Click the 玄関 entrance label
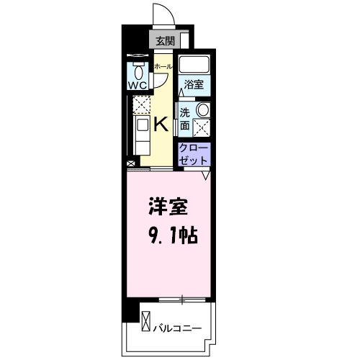point(164,41)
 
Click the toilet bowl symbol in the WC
point(138,71)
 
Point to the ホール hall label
point(163,67)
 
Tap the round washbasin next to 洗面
point(203,111)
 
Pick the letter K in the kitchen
point(161,123)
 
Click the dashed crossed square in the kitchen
point(138,105)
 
